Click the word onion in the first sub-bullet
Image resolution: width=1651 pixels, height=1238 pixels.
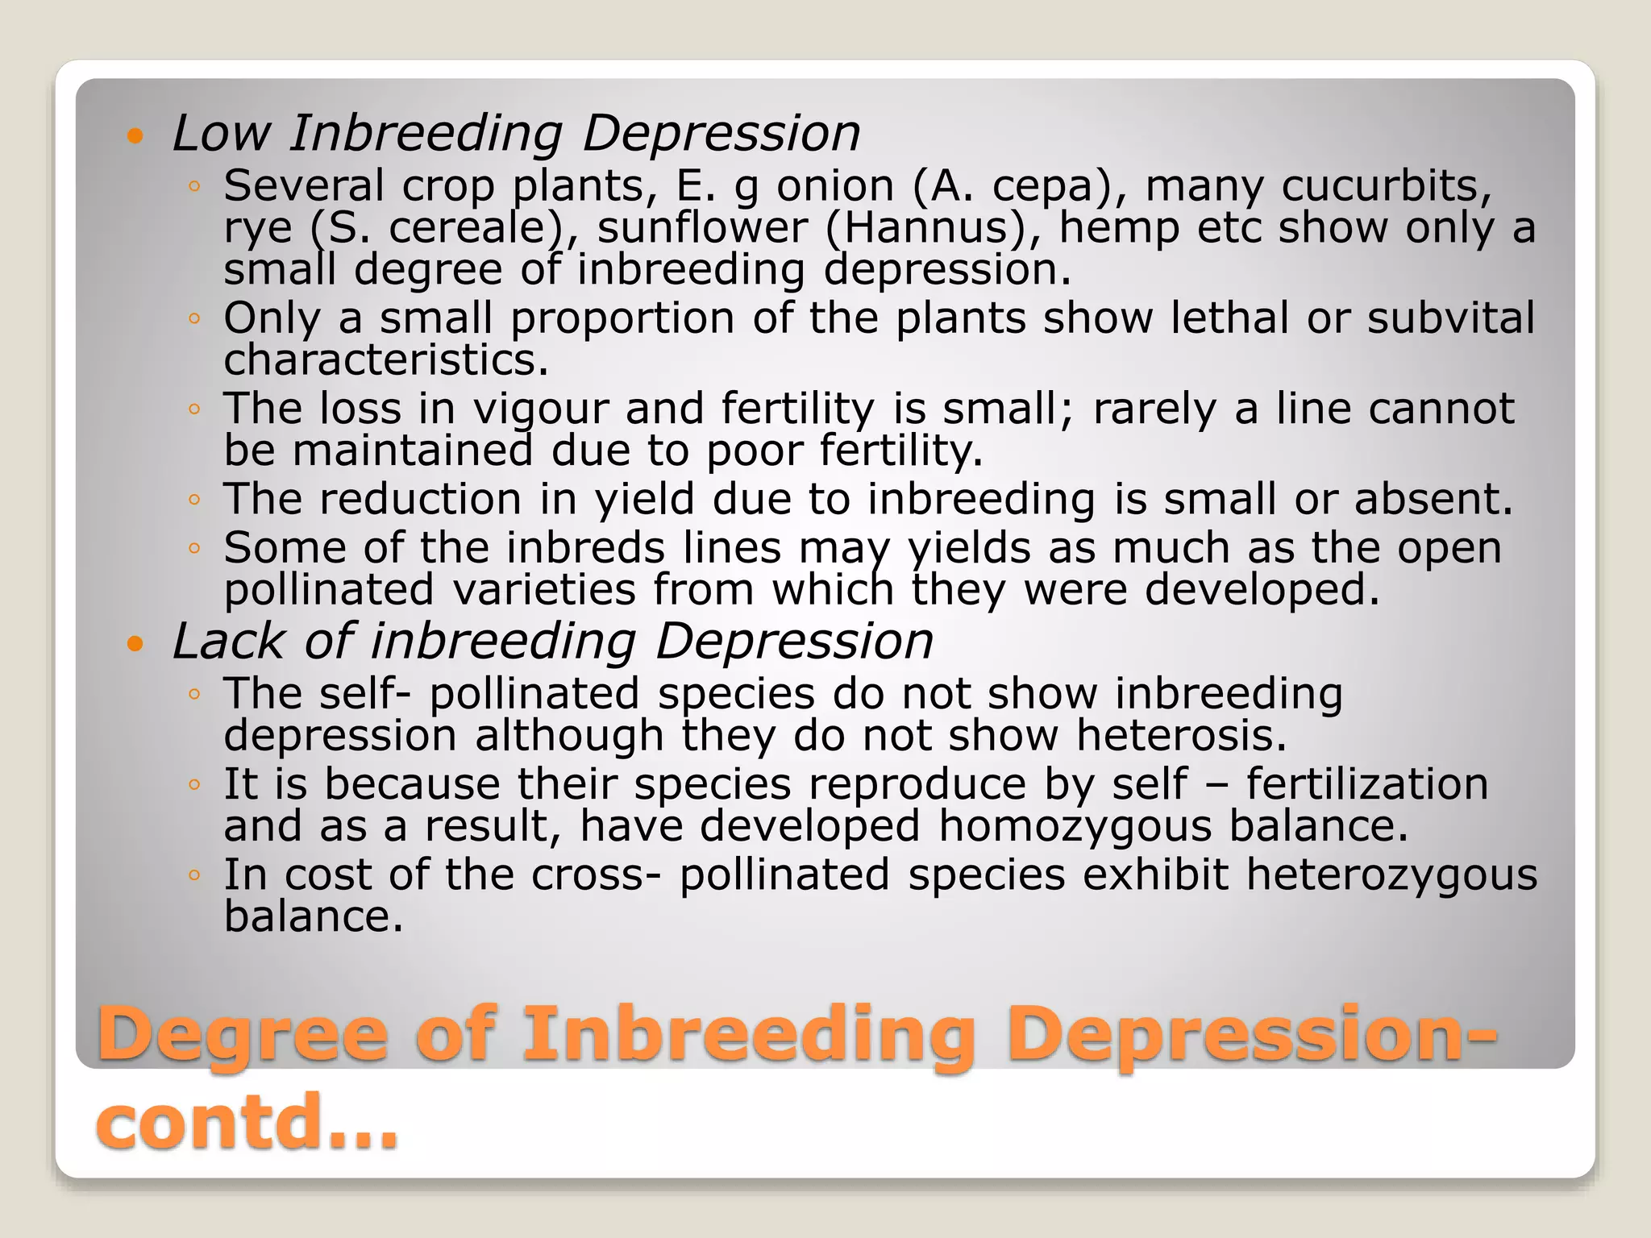pyautogui.click(x=835, y=186)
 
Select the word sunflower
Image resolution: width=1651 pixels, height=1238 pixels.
pyautogui.click(x=701, y=227)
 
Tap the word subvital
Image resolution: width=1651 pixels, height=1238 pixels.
pyautogui.click(x=1451, y=318)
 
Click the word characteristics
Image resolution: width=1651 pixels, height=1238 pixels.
pyautogui.click(x=385, y=359)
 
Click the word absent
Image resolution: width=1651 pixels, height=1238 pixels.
pyautogui.click(x=1433, y=499)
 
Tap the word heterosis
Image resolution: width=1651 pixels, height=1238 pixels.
pyautogui.click(x=1181, y=735)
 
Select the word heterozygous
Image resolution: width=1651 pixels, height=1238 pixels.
pyautogui.click(x=1391, y=875)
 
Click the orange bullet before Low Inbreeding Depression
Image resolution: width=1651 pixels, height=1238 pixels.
pyautogui.click(x=135, y=135)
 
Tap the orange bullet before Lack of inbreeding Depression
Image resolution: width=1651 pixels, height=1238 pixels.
pyautogui.click(x=135, y=643)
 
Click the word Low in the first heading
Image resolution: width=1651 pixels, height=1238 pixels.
pyautogui.click(x=221, y=133)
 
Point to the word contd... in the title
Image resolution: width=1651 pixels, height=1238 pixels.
pyautogui.click(x=247, y=1121)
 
